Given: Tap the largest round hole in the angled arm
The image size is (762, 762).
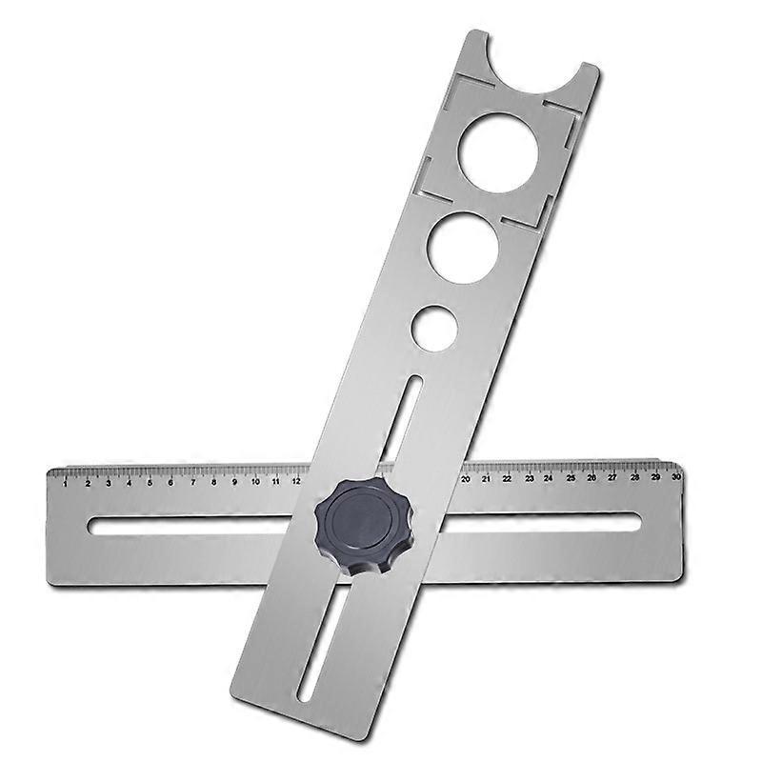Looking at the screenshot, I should tap(498, 151).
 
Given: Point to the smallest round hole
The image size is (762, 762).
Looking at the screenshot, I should tap(434, 327).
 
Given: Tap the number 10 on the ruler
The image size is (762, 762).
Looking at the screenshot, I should tap(255, 482).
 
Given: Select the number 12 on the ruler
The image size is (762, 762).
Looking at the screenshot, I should tap(296, 481).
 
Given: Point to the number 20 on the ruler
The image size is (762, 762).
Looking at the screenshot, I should tap(465, 479).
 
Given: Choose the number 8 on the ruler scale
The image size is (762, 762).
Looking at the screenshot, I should tap(213, 482).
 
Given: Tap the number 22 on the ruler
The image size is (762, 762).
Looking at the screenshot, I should tap(507, 478).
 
